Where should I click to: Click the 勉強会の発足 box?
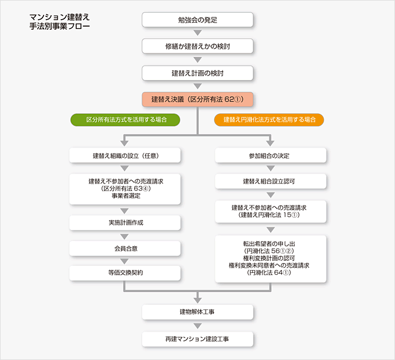(x=198, y=19)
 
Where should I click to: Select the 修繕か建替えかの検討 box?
(x=198, y=46)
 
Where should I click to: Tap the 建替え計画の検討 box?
(x=198, y=73)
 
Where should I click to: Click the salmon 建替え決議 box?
(x=198, y=99)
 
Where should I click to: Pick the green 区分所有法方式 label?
(x=125, y=120)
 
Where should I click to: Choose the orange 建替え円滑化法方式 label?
(x=270, y=120)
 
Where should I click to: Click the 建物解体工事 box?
(x=198, y=312)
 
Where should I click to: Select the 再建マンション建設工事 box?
(x=198, y=339)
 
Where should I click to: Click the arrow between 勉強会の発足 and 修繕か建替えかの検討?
(x=198, y=33)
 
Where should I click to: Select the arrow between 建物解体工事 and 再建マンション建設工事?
(x=198, y=325)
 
